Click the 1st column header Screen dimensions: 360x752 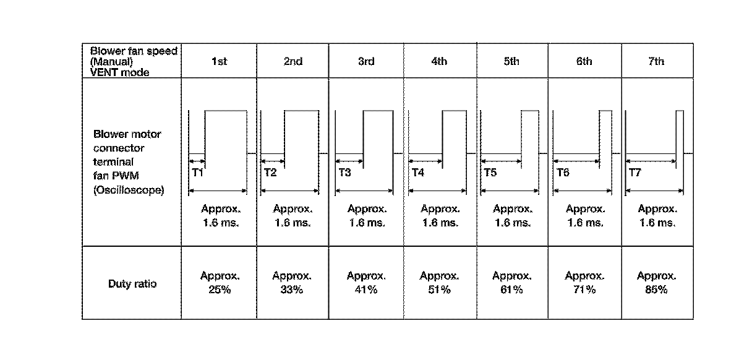219,61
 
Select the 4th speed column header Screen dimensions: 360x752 438,61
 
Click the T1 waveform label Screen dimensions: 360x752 197,173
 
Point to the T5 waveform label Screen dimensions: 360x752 490,173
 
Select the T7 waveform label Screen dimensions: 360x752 635,173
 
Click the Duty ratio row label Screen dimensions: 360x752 132,284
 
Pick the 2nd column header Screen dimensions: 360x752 293,61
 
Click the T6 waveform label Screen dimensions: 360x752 563,173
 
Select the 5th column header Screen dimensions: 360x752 511,61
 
